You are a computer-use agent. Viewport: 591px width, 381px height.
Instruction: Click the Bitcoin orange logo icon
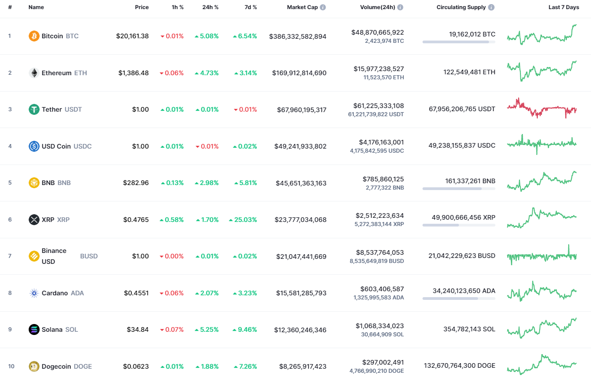pos(34,36)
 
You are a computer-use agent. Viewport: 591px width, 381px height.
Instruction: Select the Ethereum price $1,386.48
pos(133,73)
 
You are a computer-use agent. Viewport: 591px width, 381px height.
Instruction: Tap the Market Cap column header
pos(302,7)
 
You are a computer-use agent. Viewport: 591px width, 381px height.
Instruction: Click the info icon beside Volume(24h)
pos(400,8)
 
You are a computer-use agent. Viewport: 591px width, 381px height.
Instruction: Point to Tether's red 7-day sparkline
pos(541,108)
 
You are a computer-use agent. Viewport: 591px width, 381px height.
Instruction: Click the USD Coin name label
pos(56,146)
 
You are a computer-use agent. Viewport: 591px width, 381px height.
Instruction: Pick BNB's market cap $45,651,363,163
pos(301,183)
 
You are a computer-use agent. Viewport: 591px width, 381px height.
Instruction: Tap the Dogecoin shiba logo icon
pos(34,366)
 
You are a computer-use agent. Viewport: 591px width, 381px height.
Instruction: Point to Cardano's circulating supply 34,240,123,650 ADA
pos(464,291)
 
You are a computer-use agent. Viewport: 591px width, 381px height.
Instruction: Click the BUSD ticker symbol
pos(89,256)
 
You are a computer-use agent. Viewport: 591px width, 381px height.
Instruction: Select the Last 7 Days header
pos(564,7)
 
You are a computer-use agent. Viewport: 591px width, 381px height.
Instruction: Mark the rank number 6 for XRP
pos(10,220)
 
